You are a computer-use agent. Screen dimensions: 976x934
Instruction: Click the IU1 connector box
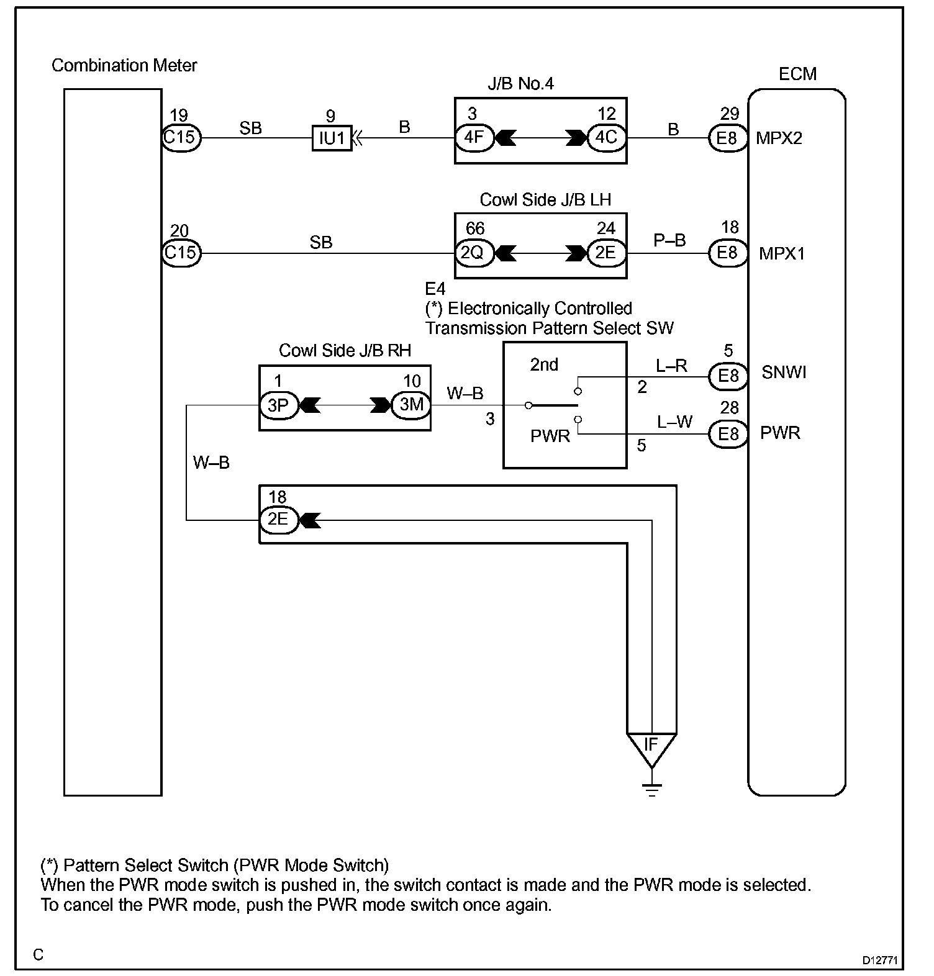click(332, 138)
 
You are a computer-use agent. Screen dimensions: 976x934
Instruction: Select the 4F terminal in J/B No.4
click(474, 137)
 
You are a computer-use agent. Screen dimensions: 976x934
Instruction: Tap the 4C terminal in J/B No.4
click(606, 137)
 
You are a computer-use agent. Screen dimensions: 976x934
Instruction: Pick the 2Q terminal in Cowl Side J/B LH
click(474, 253)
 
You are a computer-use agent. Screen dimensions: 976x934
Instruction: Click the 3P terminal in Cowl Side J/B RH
click(278, 405)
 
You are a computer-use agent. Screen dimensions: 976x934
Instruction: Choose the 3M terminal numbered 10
click(411, 405)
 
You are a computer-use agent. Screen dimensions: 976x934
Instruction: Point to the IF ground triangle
click(651, 747)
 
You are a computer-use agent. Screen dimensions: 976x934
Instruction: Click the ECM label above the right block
click(797, 75)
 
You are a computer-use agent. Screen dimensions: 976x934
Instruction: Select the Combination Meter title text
click(124, 66)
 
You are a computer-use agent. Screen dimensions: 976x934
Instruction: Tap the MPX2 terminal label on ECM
click(779, 138)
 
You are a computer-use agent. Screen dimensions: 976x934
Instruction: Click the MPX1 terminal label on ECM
click(781, 253)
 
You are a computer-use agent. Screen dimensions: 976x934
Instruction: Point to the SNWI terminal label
click(784, 373)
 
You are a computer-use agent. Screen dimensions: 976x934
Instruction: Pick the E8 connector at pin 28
click(727, 433)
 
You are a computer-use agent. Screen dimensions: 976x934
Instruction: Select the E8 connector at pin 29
click(727, 137)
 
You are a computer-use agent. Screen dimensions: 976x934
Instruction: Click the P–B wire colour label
click(669, 240)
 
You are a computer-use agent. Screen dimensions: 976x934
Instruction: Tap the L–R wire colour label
click(671, 366)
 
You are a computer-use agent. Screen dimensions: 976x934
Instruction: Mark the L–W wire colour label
click(674, 422)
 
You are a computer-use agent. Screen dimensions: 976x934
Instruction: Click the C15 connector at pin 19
click(181, 137)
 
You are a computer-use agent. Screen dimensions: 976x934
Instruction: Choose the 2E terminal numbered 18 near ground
click(278, 519)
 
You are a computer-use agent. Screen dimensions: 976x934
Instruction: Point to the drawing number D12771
click(880, 959)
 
